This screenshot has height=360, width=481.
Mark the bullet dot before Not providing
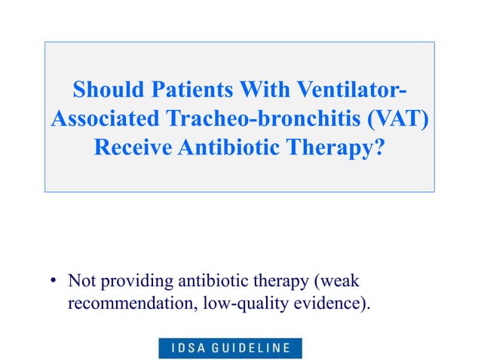point(54,282)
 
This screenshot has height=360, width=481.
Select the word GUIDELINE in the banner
point(253,348)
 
